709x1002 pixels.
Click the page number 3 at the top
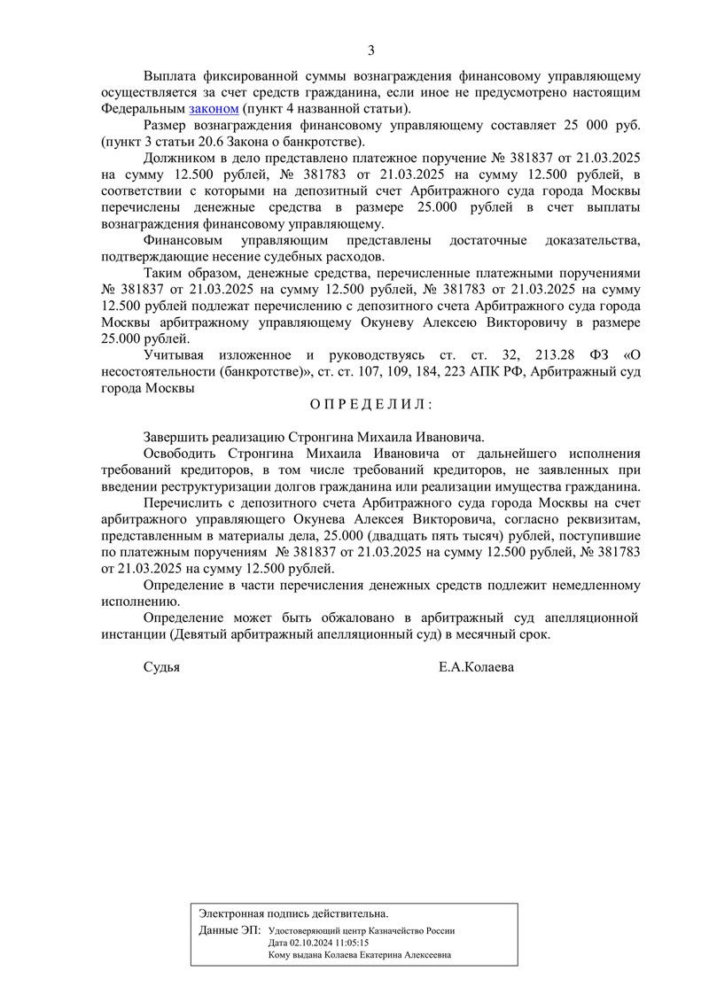(371, 50)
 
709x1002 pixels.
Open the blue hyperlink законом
(214, 108)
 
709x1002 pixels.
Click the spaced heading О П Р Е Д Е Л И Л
(371, 405)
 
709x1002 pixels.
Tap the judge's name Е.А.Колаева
(476, 667)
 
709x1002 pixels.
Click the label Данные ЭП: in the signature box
(230, 930)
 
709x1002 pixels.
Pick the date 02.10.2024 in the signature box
(310, 943)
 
